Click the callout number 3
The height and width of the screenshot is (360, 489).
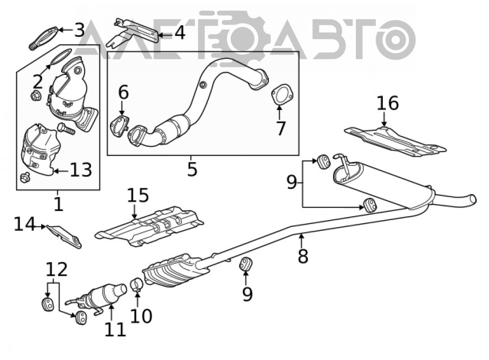[x=80, y=30]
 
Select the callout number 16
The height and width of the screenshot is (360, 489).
[x=388, y=103]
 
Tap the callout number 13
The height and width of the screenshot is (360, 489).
[x=81, y=170]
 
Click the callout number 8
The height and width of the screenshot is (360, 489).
[x=303, y=256]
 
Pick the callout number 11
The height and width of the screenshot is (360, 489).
[x=115, y=329]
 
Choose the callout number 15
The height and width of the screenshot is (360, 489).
[x=138, y=195]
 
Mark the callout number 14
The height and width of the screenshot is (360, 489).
[x=25, y=224]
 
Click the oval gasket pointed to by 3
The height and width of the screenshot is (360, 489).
[x=44, y=38]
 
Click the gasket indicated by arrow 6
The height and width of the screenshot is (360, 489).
[x=119, y=126]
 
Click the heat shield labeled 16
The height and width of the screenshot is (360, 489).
[x=395, y=142]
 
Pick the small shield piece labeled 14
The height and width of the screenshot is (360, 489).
[x=64, y=236]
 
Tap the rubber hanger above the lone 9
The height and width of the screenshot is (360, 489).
[x=245, y=264]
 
